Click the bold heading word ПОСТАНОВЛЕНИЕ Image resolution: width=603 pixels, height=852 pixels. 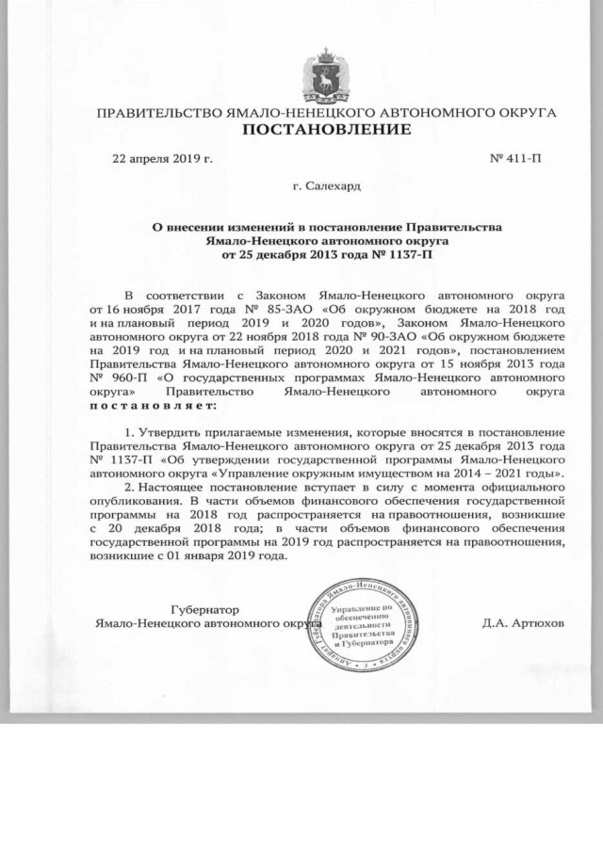tap(327, 129)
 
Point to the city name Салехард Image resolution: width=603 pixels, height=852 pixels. tap(333, 187)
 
